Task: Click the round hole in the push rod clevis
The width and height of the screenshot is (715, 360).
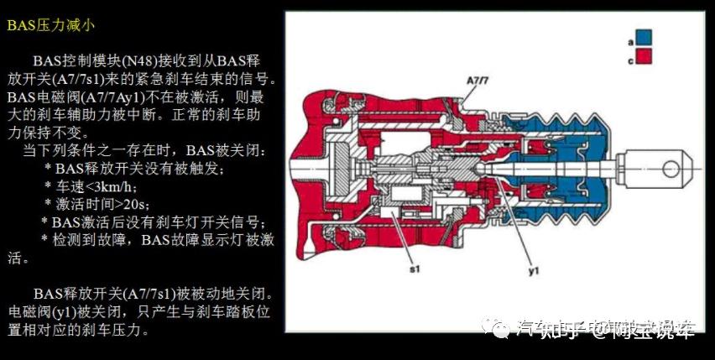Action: pyautogui.click(x=671, y=168)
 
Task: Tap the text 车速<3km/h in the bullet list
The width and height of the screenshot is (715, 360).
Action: pyautogui.click(x=99, y=185)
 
